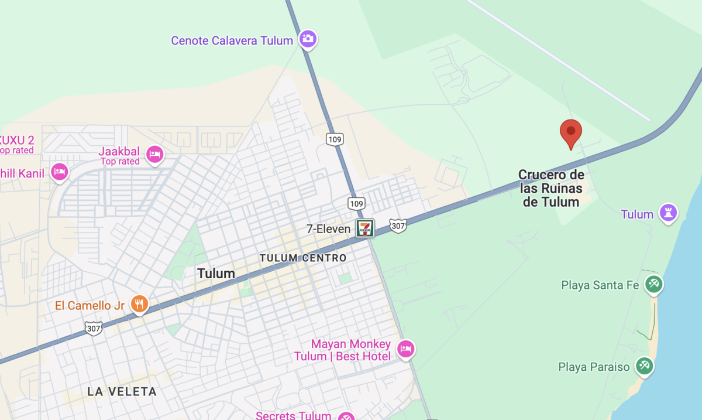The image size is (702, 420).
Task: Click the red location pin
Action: tap(571, 132)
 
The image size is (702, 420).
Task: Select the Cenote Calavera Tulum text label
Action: tap(232, 41)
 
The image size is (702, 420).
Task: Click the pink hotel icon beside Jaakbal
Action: tap(154, 154)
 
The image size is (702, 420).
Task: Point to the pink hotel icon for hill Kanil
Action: tap(59, 172)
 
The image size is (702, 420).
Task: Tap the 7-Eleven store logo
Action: tap(366, 228)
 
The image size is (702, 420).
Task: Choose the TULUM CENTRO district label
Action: tap(302, 258)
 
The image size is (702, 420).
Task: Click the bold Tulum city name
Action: tap(216, 274)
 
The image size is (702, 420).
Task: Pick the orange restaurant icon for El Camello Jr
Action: tap(139, 304)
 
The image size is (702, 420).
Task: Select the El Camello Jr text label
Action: tap(90, 305)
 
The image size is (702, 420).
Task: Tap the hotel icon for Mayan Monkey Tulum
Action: tap(405, 349)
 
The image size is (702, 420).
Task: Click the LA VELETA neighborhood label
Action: tap(122, 391)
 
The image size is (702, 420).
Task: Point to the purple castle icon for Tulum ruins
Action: tap(668, 213)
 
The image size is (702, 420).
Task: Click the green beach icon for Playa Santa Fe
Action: tap(653, 285)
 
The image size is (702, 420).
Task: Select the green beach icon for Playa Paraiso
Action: tap(644, 366)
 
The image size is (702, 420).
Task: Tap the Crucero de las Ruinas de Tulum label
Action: tap(551, 188)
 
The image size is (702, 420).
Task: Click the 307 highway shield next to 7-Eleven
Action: tap(398, 226)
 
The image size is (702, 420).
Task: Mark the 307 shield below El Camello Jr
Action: tap(93, 328)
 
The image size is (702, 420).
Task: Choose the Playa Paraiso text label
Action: tap(594, 367)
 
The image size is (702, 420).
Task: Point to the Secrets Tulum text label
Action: tap(293, 415)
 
